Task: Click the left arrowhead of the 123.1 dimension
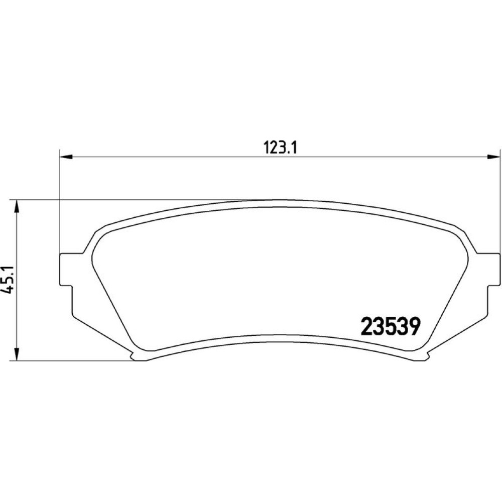click(67, 157)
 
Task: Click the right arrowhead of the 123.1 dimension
click(493, 157)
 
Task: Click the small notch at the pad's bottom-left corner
click(133, 355)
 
